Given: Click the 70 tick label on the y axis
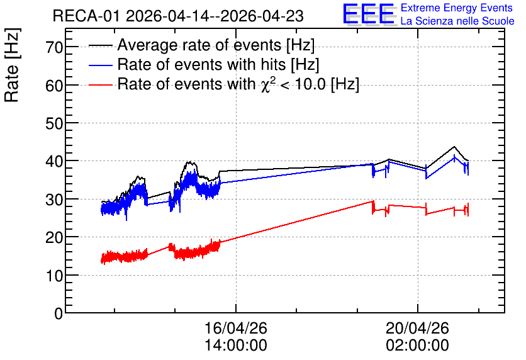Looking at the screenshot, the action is (x=54, y=47).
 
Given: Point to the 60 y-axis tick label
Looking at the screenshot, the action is (x=54, y=86).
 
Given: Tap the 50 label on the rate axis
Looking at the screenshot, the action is (x=54, y=123).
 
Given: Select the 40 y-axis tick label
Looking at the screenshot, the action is (x=54, y=161).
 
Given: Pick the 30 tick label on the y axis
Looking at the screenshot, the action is (x=54, y=200).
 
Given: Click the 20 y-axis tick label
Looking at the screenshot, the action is (x=54, y=237).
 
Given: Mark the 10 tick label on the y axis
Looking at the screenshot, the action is (x=54, y=276).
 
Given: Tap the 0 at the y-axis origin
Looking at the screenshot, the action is (x=59, y=313).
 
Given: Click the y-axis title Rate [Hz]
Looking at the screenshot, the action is (x=12, y=65).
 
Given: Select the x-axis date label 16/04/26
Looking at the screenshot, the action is (x=236, y=328).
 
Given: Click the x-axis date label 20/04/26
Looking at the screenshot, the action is (x=417, y=328).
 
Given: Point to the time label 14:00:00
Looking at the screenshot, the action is (x=236, y=346).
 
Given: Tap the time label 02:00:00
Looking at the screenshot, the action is (x=417, y=346).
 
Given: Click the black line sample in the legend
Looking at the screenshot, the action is (x=100, y=45).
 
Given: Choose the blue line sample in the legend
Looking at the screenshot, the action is (x=100, y=65).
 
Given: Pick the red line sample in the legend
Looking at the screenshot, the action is (x=100, y=84).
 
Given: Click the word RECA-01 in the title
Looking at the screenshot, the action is (x=86, y=16).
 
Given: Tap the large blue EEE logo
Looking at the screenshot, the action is (x=369, y=14).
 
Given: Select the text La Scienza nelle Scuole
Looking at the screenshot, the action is (x=457, y=21).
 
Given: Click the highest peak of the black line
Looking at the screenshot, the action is (x=454, y=147).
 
